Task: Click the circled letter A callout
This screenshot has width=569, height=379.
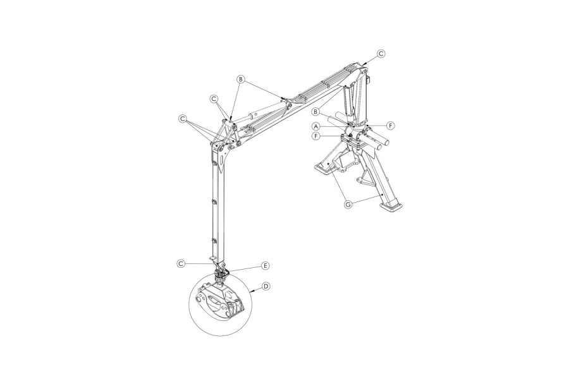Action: pos(316,126)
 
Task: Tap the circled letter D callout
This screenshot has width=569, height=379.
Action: pos(266,287)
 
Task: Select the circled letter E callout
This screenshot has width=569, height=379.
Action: pos(266,266)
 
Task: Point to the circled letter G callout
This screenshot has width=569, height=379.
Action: pos(348,204)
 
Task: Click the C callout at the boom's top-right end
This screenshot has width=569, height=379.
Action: pos(381,54)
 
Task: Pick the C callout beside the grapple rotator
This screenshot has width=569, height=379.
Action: pos(181,263)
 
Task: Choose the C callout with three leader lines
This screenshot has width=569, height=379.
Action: pos(183,119)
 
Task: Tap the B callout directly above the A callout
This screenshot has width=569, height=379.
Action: pos(315,111)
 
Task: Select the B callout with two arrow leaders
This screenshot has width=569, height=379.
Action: pos(240,79)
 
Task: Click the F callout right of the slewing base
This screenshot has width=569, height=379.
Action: pos(391,126)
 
